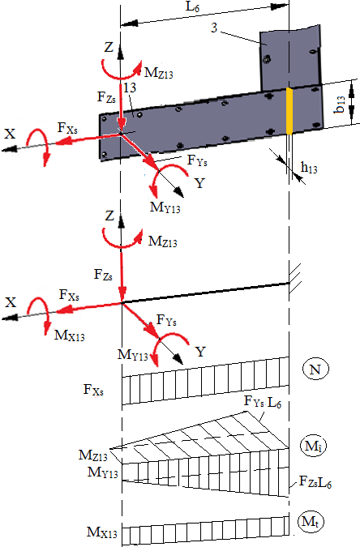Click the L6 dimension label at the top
192,6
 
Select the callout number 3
214,28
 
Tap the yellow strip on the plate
289,111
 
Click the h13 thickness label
309,168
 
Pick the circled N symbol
315,369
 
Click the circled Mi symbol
313,446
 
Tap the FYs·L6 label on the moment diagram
262,402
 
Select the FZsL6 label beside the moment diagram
315,482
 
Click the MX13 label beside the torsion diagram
102,532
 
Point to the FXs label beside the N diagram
93,389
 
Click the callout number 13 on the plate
129,88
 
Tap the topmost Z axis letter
109,47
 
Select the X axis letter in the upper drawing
10,134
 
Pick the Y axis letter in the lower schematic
200,352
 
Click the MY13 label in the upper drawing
165,207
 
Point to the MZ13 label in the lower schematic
163,241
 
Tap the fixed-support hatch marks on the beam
294,277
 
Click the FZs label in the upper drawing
106,97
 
